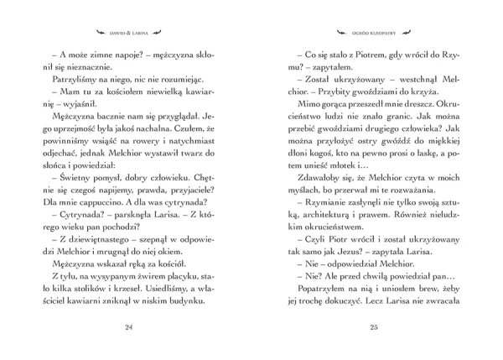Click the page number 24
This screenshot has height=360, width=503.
(x=128, y=326)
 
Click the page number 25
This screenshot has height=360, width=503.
(x=374, y=326)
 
